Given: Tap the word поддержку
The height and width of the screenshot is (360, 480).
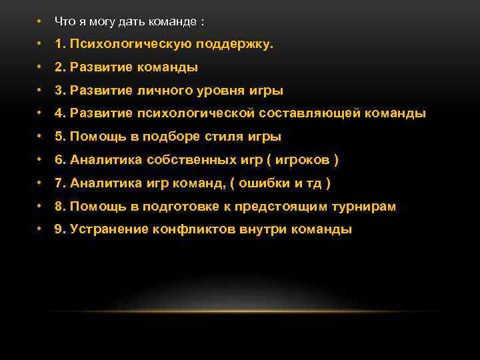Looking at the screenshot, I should (234, 44).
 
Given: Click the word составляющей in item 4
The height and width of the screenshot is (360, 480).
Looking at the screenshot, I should (309, 113).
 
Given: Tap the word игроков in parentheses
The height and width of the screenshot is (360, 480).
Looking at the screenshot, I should (304, 160).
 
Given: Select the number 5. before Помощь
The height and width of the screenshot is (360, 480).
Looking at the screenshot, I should (60, 137).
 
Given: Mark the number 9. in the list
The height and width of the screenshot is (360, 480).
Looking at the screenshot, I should (60, 229).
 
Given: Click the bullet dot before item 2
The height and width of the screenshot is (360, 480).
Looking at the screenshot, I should (41, 68).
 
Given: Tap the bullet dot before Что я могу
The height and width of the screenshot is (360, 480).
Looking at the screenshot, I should (41, 21).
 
